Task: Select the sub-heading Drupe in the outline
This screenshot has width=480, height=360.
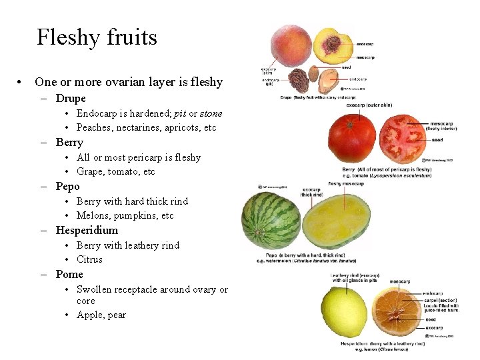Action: [71, 99]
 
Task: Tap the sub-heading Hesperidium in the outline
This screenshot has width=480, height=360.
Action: [87, 231]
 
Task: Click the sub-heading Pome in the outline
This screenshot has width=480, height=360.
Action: [69, 275]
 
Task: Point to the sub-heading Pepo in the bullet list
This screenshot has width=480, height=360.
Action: [67, 187]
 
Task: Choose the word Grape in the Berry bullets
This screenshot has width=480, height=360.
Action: [90, 171]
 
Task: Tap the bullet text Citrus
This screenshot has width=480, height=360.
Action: [89, 259]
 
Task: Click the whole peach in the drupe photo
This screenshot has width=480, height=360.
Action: [291, 46]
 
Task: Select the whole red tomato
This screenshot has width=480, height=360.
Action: [352, 139]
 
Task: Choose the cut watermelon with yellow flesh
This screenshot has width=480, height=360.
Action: [337, 217]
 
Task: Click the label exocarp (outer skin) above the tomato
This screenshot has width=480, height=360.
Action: [369, 105]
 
